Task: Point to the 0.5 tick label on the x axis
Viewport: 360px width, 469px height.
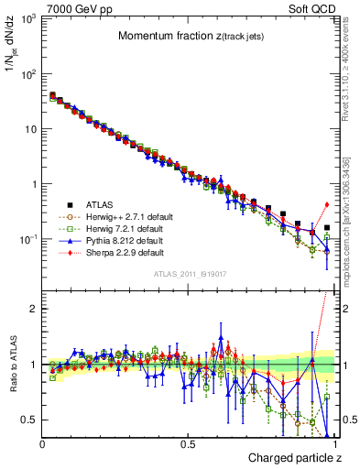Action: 188,443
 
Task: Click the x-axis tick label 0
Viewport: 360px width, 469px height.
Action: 42,443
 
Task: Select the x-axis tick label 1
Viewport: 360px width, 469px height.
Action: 334,443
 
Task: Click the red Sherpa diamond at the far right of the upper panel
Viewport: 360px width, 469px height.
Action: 327,204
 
